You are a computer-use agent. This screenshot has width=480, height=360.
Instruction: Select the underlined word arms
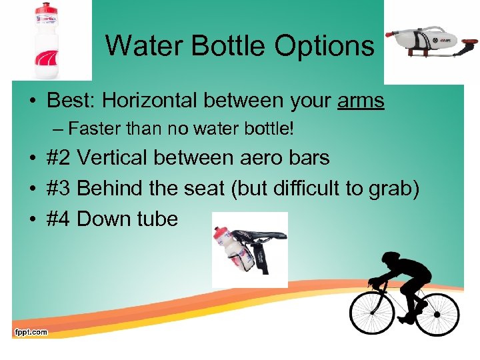[x=361, y=101]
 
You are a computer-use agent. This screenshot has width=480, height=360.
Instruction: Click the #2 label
[x=59, y=158]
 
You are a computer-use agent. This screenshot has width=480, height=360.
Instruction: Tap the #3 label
[x=59, y=189]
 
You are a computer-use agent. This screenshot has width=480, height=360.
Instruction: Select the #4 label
[x=59, y=219]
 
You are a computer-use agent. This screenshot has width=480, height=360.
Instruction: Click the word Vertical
[x=117, y=158]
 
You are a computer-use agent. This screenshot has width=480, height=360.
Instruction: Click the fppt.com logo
[x=31, y=331]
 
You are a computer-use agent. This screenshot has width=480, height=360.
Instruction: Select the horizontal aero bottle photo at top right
[x=431, y=41]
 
